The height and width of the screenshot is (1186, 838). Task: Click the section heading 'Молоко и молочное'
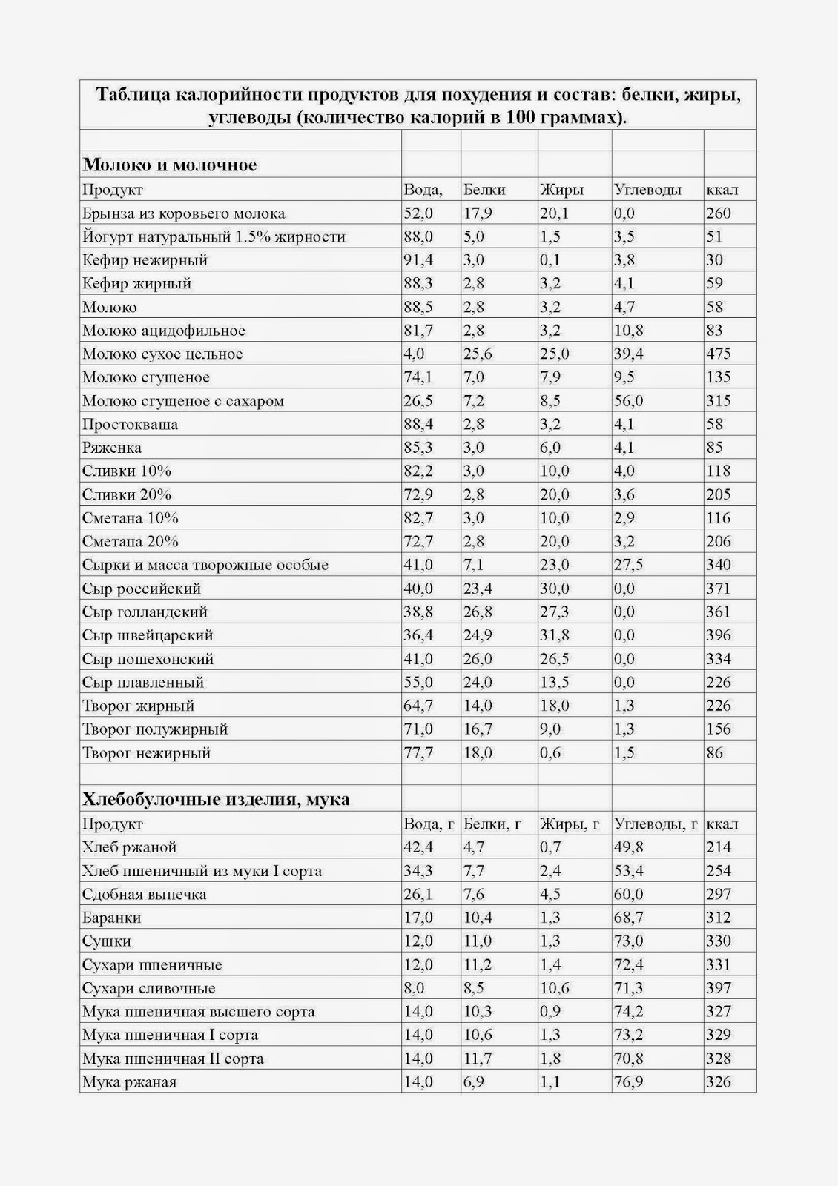tap(170, 165)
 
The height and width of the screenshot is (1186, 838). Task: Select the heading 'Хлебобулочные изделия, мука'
tap(216, 799)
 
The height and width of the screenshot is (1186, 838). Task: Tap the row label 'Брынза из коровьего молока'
tap(183, 213)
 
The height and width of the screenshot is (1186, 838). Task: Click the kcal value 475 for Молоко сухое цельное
tap(719, 354)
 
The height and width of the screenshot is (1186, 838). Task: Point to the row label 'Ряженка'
tap(112, 448)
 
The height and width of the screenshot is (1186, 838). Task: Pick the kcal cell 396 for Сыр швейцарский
tap(719, 635)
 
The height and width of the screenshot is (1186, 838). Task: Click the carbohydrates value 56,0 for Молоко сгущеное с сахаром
tap(629, 401)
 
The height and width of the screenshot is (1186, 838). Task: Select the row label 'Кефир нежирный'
tap(145, 260)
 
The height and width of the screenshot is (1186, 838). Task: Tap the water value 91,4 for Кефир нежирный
tap(418, 260)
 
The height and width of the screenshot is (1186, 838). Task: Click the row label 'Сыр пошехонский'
tap(148, 659)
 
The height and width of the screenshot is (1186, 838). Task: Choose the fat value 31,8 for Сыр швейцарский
tap(555, 635)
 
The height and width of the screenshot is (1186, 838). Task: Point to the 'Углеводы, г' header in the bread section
tap(656, 824)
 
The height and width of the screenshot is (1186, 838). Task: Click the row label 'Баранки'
tap(111, 918)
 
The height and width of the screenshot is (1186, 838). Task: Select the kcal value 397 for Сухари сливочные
tap(719, 988)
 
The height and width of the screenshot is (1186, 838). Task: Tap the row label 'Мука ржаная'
tap(129, 1082)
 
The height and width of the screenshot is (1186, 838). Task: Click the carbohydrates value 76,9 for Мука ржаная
tap(628, 1082)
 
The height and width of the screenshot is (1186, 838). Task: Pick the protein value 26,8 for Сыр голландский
tap(478, 612)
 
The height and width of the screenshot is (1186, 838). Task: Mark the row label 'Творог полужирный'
tap(155, 729)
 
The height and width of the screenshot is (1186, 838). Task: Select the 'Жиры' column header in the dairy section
tap(561, 190)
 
